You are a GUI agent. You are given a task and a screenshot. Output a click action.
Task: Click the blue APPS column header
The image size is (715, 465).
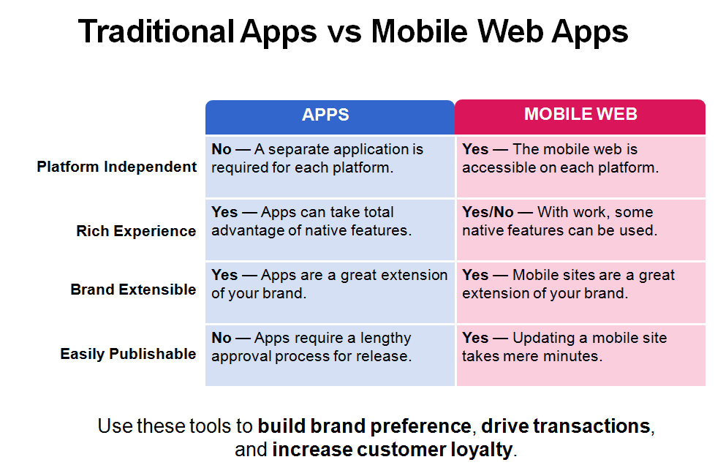coord(330,117)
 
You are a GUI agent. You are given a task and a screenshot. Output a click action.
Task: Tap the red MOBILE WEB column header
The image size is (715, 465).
coord(580,117)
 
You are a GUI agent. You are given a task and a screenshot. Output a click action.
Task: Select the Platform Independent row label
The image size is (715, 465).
coord(117,167)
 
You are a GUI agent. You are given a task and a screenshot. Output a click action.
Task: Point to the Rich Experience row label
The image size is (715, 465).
coord(136,231)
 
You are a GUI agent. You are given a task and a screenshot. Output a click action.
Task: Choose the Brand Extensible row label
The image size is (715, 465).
coord(133,290)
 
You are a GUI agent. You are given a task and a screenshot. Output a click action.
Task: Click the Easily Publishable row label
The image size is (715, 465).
coord(128,354)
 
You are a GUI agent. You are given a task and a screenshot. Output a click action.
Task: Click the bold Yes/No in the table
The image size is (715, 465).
coord(488,212)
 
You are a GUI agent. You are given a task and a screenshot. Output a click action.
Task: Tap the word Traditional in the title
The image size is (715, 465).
coord(156,32)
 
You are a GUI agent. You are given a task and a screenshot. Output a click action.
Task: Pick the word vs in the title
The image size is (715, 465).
coord(344,33)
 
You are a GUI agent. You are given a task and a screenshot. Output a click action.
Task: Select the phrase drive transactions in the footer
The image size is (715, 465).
coord(565,426)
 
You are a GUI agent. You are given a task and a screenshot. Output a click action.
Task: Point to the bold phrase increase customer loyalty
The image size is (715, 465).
coord(392,450)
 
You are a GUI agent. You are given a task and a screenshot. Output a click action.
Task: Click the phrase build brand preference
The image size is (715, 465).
coord(364,426)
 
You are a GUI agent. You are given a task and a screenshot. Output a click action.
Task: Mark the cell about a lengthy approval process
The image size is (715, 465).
coord(330,355)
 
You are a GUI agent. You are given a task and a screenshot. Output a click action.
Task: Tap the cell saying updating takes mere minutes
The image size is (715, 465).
coord(581,355)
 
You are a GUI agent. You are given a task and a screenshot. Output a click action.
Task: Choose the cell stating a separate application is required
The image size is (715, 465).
coord(330,167)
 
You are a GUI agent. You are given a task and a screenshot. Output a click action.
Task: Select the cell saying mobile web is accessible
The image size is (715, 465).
coord(581,167)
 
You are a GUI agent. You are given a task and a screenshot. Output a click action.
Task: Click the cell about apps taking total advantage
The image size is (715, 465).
coord(330,230)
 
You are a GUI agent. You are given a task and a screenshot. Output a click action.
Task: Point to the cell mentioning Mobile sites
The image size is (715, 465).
coord(581,292)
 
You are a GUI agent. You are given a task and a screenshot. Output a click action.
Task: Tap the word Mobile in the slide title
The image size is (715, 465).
coord(420,32)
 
